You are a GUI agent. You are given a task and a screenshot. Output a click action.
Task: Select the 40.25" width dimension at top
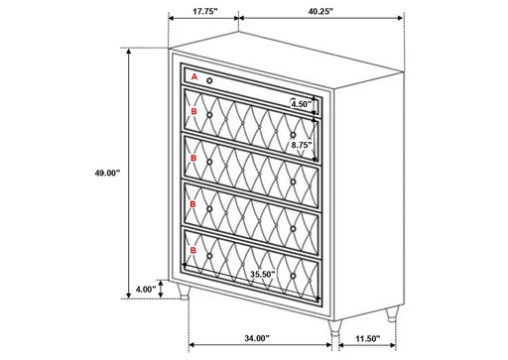[319, 13]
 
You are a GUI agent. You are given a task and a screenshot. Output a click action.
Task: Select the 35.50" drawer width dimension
[263, 274]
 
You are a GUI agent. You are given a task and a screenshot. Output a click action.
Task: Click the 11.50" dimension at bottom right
[367, 338]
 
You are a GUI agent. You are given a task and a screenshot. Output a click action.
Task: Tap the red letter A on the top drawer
[194, 76]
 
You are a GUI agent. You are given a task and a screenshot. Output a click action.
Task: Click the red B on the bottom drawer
[194, 251]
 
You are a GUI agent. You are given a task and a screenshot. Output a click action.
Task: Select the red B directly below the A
[194, 113]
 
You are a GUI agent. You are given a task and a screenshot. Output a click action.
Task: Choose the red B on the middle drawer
[194, 159]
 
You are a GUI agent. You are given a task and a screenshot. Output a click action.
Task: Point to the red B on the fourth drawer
[194, 205]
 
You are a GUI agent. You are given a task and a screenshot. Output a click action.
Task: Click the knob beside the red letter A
[210, 79]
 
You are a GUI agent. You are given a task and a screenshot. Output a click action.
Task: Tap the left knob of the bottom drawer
[209, 255]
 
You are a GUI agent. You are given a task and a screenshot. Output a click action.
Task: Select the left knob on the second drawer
[209, 118]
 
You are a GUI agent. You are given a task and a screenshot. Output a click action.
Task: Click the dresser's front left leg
[189, 297]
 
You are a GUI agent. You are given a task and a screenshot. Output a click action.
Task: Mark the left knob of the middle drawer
[209, 164]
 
